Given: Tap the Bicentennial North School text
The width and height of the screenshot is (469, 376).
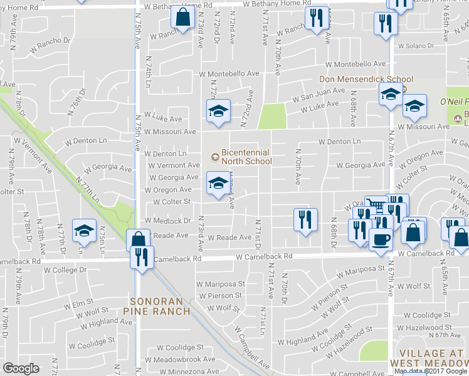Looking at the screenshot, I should point(246,157).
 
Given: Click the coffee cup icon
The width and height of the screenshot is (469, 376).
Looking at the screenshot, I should point(381,239).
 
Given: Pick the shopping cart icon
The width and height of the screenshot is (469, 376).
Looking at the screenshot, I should point(376,205).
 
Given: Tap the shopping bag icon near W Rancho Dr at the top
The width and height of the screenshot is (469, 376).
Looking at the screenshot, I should point(182,17).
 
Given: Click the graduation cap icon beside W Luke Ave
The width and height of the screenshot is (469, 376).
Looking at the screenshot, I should point(218,112).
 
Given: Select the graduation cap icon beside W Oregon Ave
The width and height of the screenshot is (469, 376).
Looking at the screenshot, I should point(218,183).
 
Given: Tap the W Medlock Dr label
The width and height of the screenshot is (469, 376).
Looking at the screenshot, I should point(168,221).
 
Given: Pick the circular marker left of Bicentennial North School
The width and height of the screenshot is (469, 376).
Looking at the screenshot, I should point(215,156).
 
